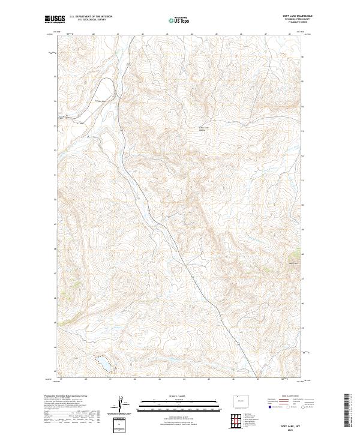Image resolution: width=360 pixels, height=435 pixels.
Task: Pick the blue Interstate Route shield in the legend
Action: click(x=270, y=407)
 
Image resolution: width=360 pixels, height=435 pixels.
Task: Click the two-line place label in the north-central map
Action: click(x=206, y=128)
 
